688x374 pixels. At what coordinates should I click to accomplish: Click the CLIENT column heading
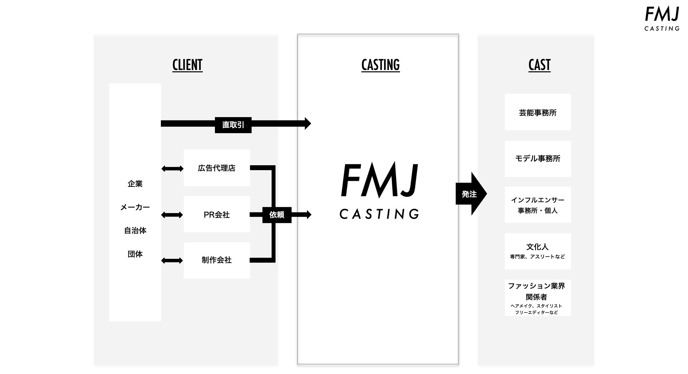click(x=187, y=65)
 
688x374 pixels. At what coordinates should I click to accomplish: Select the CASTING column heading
click(x=380, y=65)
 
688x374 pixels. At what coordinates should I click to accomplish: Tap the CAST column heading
click(x=539, y=65)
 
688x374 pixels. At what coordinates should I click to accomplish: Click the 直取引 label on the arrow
click(x=233, y=125)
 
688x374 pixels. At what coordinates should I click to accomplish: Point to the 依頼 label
click(x=277, y=215)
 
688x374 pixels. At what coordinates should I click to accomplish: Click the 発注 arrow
click(x=470, y=194)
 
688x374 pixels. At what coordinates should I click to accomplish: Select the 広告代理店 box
click(x=217, y=168)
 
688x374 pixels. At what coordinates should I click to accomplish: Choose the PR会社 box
click(x=217, y=214)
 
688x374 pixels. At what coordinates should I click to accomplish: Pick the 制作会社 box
click(x=217, y=260)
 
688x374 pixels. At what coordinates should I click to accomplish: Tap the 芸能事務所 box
click(x=538, y=112)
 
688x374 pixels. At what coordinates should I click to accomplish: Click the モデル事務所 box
click(x=538, y=159)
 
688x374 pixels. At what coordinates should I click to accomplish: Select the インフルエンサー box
click(x=538, y=205)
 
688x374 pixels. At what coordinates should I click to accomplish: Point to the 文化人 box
click(x=538, y=251)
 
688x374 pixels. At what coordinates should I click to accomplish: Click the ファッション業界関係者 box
click(x=538, y=297)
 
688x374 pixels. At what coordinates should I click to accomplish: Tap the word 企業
click(x=135, y=184)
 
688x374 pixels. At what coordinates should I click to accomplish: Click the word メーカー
click(x=135, y=207)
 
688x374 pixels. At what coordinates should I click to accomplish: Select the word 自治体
click(x=135, y=231)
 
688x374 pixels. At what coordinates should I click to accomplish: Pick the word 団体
click(x=135, y=254)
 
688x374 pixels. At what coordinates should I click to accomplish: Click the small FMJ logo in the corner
click(x=662, y=19)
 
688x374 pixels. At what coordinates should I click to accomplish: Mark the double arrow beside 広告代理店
click(x=172, y=169)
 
